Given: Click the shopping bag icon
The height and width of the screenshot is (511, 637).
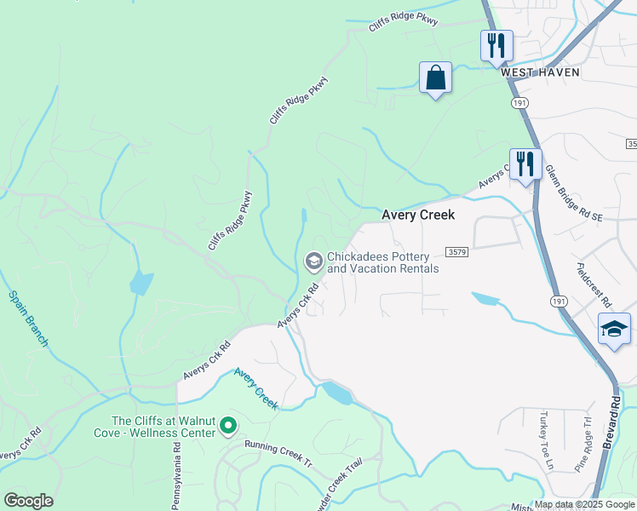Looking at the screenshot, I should (435, 78).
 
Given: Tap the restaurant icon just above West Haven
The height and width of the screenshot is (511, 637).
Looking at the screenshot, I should (496, 44).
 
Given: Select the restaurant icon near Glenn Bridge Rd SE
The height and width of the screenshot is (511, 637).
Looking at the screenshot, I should (525, 164).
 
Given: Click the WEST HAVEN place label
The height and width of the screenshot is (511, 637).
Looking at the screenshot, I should (540, 72).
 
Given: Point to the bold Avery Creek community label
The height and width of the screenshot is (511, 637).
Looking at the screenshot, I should (417, 215).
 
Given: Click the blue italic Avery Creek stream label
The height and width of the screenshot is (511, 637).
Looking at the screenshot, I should (255, 388).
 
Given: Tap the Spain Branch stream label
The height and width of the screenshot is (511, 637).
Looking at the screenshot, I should (28, 319).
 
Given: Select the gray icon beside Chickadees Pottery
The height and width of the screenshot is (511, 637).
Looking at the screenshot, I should (313, 261).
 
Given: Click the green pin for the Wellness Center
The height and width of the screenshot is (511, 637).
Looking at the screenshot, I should (228, 424).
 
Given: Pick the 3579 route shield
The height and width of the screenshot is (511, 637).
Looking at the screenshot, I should (456, 252).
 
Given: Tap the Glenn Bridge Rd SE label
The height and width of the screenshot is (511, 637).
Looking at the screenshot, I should (573, 193).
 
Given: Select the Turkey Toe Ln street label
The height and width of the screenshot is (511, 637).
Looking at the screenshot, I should (545, 439).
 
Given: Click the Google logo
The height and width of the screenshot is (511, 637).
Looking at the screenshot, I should (28, 501).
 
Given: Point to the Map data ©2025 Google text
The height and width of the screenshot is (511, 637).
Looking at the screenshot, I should (585, 505).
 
